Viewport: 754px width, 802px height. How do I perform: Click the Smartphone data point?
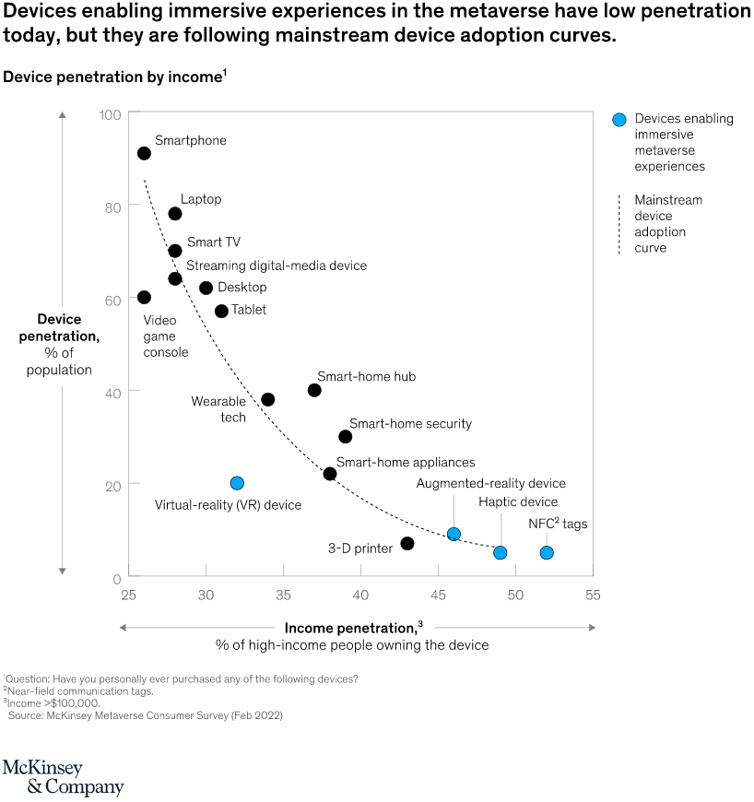coord(144,153)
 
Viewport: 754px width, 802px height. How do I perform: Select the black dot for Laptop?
coord(175,214)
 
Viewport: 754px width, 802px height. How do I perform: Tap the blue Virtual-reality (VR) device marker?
coord(237,483)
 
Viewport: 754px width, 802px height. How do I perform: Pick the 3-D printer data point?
coord(407,543)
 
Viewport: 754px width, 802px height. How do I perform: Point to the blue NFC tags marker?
coord(547,553)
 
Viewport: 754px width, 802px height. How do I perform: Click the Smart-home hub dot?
coord(314,390)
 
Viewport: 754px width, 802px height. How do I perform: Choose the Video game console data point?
coord(144,297)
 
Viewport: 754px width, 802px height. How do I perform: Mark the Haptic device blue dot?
coord(501,553)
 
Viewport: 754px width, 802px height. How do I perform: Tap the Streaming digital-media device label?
coord(277,265)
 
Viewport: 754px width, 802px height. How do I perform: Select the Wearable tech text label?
coord(218,409)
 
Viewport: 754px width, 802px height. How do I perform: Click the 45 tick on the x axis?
coord(438,596)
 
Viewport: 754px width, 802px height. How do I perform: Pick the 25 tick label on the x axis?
coord(128,596)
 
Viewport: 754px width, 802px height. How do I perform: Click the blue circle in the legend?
coord(620,119)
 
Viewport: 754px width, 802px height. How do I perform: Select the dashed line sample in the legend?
coord(620,224)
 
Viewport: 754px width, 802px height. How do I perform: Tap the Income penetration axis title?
coord(353,628)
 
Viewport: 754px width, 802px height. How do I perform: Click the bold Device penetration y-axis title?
coord(59,327)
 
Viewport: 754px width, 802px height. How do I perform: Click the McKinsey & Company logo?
coord(63,778)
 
